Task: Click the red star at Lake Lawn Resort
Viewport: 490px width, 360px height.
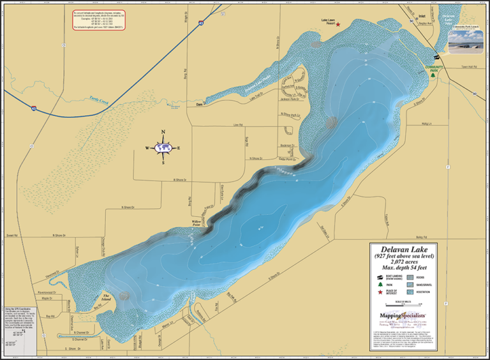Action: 338,25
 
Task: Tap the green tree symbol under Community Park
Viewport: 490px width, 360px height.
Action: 433,74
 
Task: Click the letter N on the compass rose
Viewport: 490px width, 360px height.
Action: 163,132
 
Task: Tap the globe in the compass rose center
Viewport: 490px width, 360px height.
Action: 163,147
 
